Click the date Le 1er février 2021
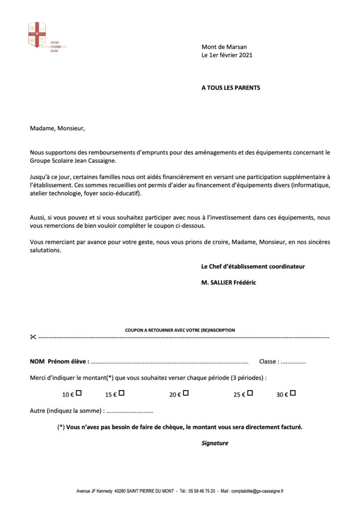pyautogui.click(x=227, y=55)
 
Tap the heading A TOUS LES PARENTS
pyautogui.click(x=231, y=88)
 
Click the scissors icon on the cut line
pyautogui.click(x=33, y=338)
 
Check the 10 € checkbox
pyautogui.click(x=79, y=393)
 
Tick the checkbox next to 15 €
pyautogui.click(x=121, y=393)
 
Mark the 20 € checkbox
pyautogui.click(x=185, y=393)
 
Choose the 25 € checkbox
pyautogui.click(x=250, y=393)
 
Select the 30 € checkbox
pyautogui.click(x=293, y=393)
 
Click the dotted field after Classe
pyautogui.click(x=293, y=362)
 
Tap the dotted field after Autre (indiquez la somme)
pyautogui.click(x=130, y=412)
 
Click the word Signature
pyautogui.click(x=215, y=443)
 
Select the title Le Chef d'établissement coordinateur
pyautogui.click(x=253, y=266)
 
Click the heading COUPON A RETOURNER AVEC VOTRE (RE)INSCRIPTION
pyautogui.click(x=180, y=330)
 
